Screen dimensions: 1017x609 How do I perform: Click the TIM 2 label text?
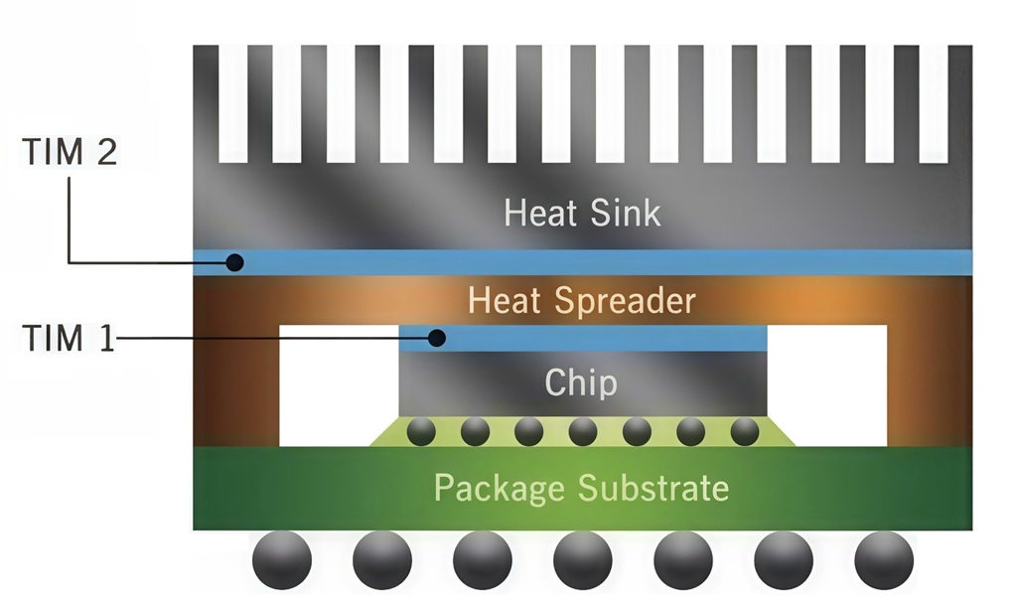coord(70,152)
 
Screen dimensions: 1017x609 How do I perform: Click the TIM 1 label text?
coord(69,338)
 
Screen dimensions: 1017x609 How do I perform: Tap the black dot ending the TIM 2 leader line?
coord(234,262)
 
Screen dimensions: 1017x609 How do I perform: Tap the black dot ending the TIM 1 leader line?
coord(437,338)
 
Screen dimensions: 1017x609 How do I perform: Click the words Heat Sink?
coord(582,213)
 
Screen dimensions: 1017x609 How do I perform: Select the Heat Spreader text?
coord(582,301)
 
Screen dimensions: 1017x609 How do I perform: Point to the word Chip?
coord(580,382)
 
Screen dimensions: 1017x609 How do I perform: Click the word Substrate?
coord(654,488)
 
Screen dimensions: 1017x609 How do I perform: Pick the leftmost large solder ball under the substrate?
coord(281,560)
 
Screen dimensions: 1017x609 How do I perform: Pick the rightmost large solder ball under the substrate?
coord(884,560)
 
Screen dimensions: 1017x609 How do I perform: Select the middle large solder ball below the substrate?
coord(582,560)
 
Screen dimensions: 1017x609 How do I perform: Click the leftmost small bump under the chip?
coord(421,431)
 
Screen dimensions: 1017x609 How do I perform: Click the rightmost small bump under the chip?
coord(745,431)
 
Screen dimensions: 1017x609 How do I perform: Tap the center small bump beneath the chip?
coord(582,431)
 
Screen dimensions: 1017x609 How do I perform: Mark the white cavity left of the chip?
coord(339,385)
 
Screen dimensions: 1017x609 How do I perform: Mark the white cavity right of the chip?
coord(827,385)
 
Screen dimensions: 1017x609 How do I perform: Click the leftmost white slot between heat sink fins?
coord(232,103)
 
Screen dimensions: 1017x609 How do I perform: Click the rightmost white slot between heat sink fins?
coord(934,103)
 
